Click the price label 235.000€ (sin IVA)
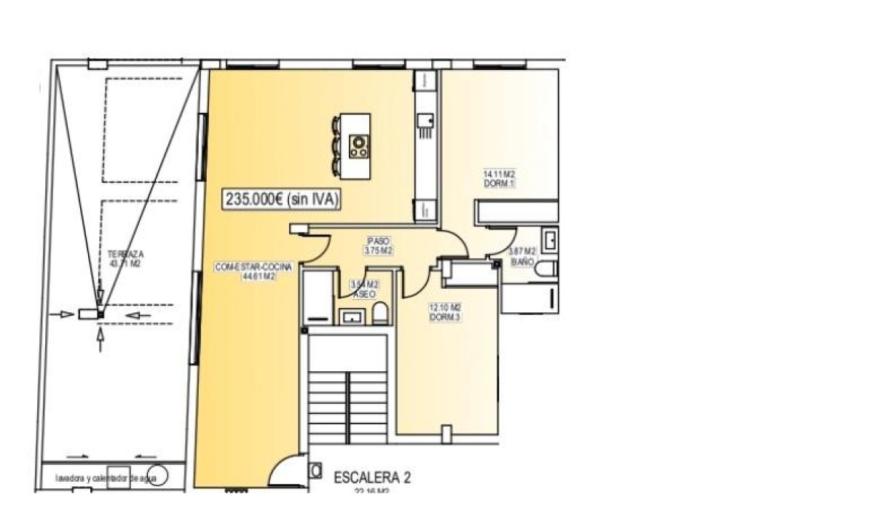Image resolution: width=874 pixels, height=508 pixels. tap(282, 200)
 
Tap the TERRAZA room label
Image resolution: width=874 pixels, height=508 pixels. tap(125, 255)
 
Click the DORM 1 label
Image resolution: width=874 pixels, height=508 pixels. tap(499, 183)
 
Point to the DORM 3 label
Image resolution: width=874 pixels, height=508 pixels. tap(445, 317)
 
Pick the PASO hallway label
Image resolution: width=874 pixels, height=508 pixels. tap(379, 240)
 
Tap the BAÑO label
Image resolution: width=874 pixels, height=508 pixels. tap(523, 260)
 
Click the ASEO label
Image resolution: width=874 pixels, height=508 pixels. tap(364, 294)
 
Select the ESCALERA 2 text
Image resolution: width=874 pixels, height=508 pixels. tap(372, 478)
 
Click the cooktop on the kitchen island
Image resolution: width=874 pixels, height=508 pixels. tap(358, 146)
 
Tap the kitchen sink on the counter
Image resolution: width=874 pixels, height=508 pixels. tap(425, 119)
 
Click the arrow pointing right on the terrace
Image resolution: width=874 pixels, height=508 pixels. tap(66, 314)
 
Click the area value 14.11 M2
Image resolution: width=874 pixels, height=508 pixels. tap(499, 175)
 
